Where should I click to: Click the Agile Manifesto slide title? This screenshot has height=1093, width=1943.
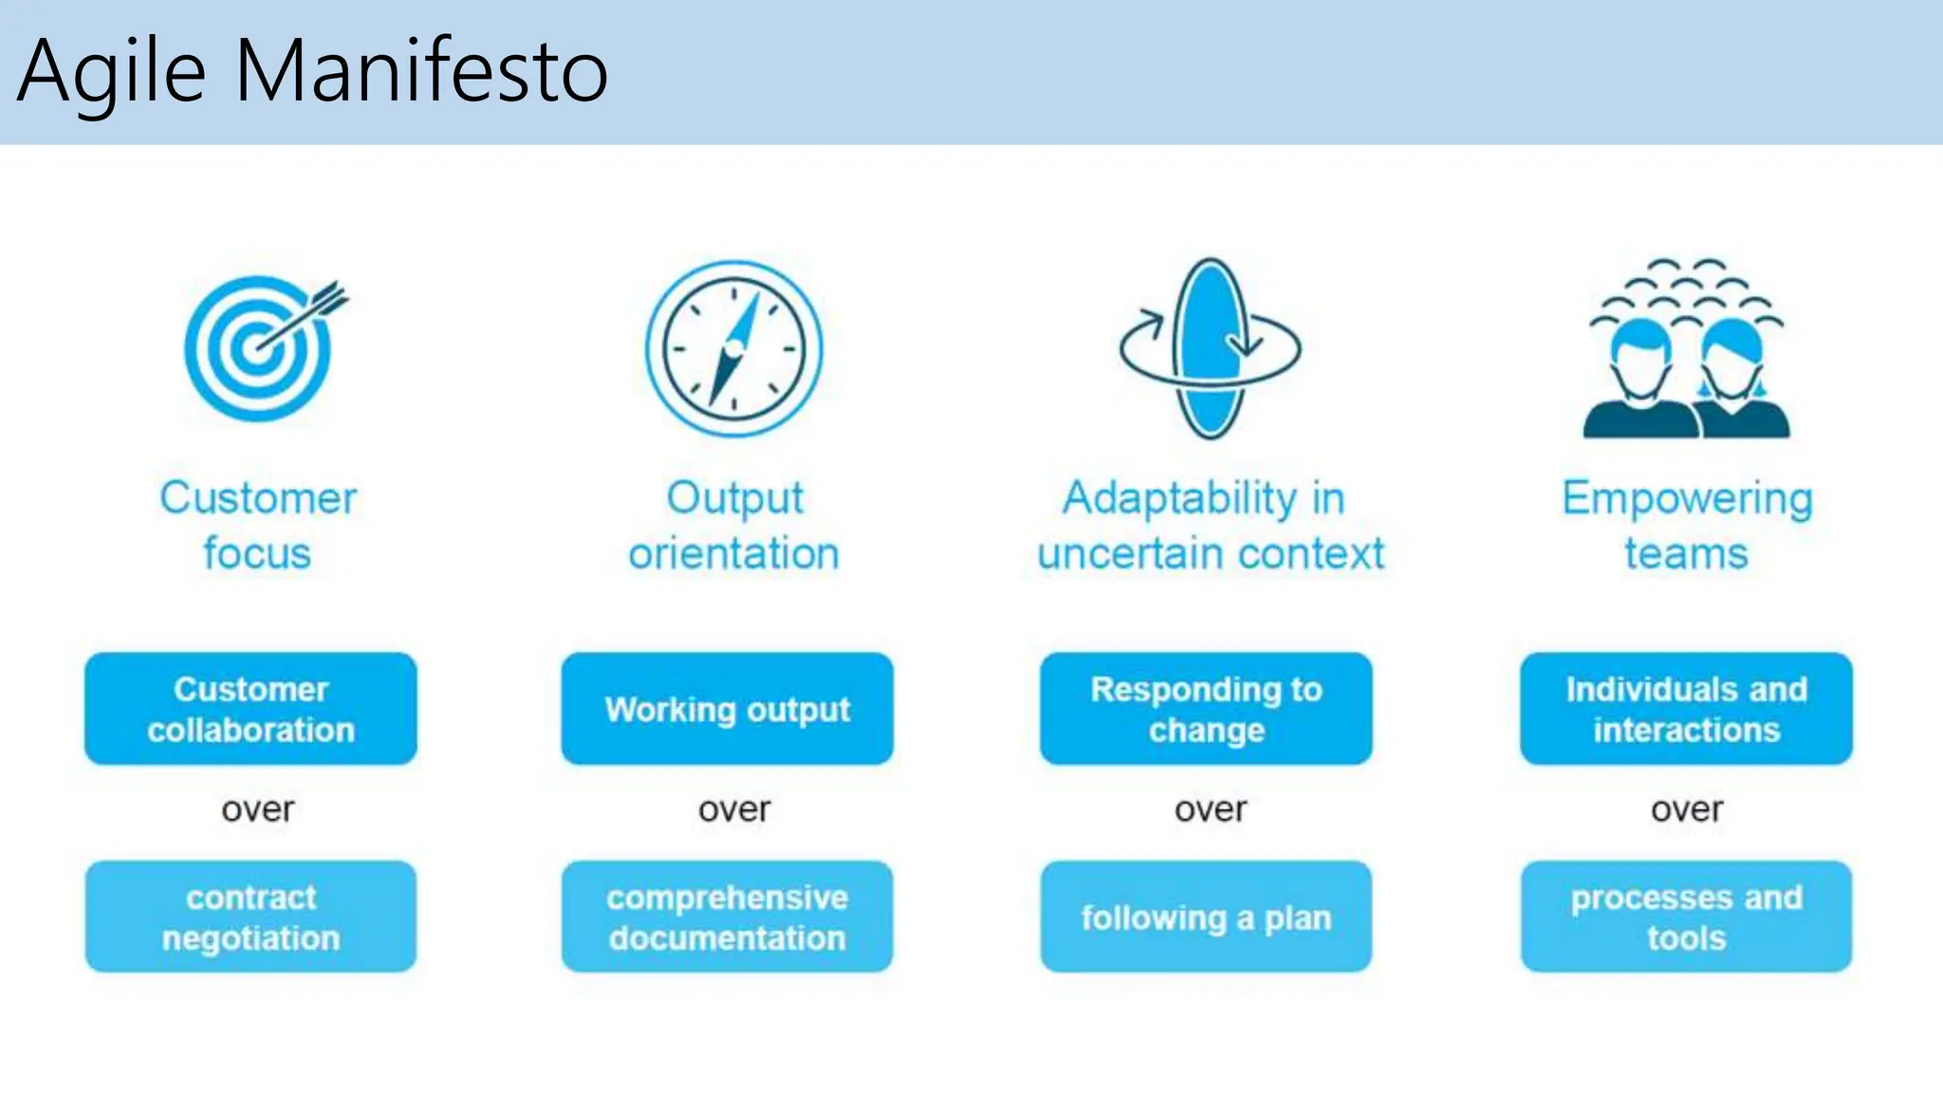pos(313,71)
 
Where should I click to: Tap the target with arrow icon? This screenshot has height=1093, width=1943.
pos(260,347)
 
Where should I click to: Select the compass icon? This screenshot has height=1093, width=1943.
pos(733,349)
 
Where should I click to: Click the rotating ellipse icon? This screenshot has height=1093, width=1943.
pos(1210,348)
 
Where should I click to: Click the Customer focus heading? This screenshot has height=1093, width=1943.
pos(258,525)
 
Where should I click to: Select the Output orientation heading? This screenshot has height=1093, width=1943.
pos(733,525)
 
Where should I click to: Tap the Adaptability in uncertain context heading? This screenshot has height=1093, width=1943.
pos(1210,525)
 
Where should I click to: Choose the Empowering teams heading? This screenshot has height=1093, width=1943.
pos(1686,525)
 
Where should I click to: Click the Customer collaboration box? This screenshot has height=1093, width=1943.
pos(250,709)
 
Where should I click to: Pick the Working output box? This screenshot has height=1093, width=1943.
pos(727,709)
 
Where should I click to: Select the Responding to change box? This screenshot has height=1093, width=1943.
pos(1206,709)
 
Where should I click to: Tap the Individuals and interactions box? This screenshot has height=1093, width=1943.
pos(1686,709)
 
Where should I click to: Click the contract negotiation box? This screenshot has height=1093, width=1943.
pos(250,917)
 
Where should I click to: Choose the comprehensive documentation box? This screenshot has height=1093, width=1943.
pos(727,917)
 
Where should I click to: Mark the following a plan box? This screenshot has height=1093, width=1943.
pos(1206,917)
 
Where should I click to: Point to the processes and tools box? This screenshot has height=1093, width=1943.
pos(1686,917)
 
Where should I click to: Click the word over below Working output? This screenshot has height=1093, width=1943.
pos(734,809)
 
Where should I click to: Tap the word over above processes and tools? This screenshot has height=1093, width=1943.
pos(1687,809)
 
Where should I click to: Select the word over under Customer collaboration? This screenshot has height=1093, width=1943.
pos(258,809)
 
